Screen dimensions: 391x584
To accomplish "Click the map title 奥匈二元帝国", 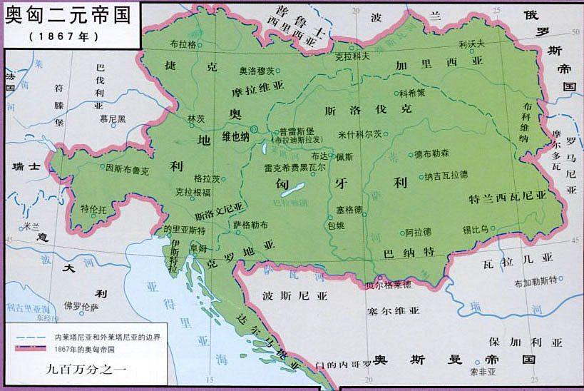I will (68, 15).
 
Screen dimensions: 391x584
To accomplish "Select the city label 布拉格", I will (183, 44).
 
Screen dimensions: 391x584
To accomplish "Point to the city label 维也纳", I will (236, 136).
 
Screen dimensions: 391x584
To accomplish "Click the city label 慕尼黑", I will (112, 118).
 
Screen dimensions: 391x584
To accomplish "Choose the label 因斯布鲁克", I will (127, 171).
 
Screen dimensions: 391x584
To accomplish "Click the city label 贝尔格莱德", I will (388, 285).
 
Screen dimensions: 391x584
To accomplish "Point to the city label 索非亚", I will (483, 372).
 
